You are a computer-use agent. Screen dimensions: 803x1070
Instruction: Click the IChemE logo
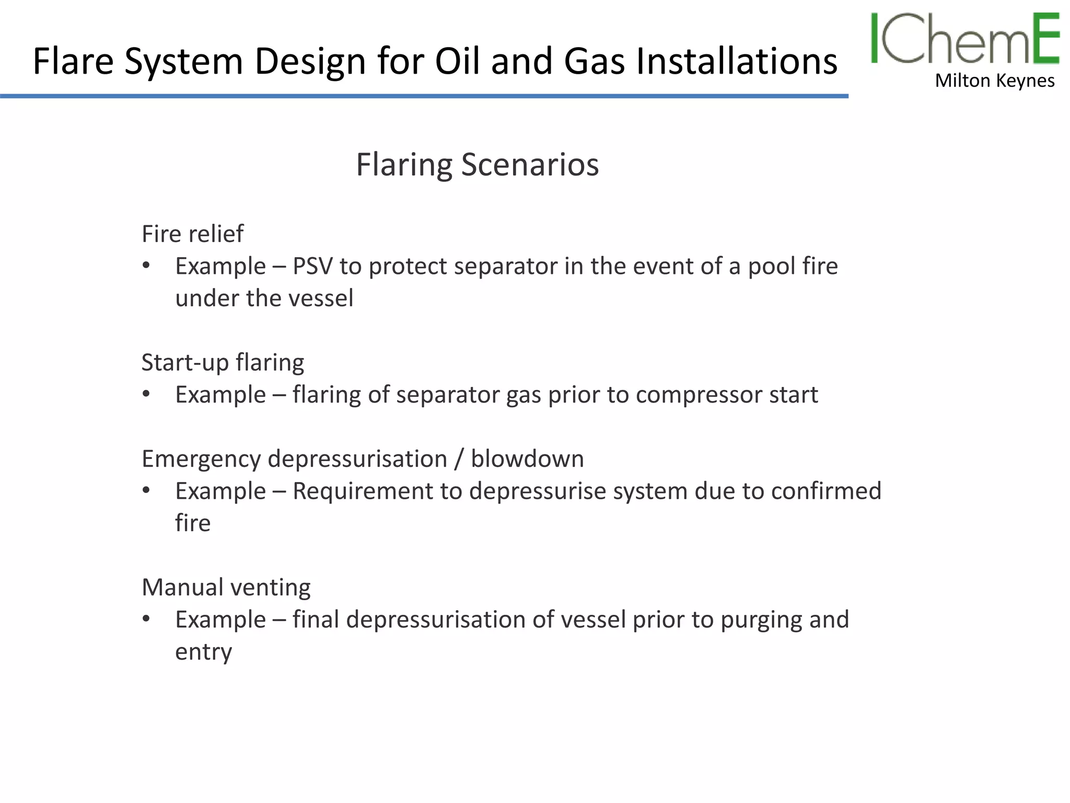tap(964, 39)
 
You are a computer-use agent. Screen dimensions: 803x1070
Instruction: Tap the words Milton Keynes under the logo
tap(994, 81)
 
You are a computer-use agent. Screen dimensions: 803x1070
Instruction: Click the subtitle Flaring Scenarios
tap(477, 165)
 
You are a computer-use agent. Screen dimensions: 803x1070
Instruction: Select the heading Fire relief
tap(192, 234)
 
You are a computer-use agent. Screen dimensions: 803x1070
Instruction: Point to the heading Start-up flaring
tap(223, 362)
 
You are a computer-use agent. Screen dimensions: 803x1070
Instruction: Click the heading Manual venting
tap(226, 587)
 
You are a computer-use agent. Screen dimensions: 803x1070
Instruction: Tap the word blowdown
tap(527, 459)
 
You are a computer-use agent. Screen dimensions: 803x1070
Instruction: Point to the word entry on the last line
tap(203, 652)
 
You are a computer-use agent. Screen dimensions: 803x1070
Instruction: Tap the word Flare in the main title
tap(73, 61)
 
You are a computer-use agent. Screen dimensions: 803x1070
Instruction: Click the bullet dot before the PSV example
tap(146, 266)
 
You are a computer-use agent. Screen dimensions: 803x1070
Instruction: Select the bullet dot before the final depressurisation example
tap(146, 620)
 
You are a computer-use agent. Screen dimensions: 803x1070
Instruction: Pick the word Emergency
tap(201, 460)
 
